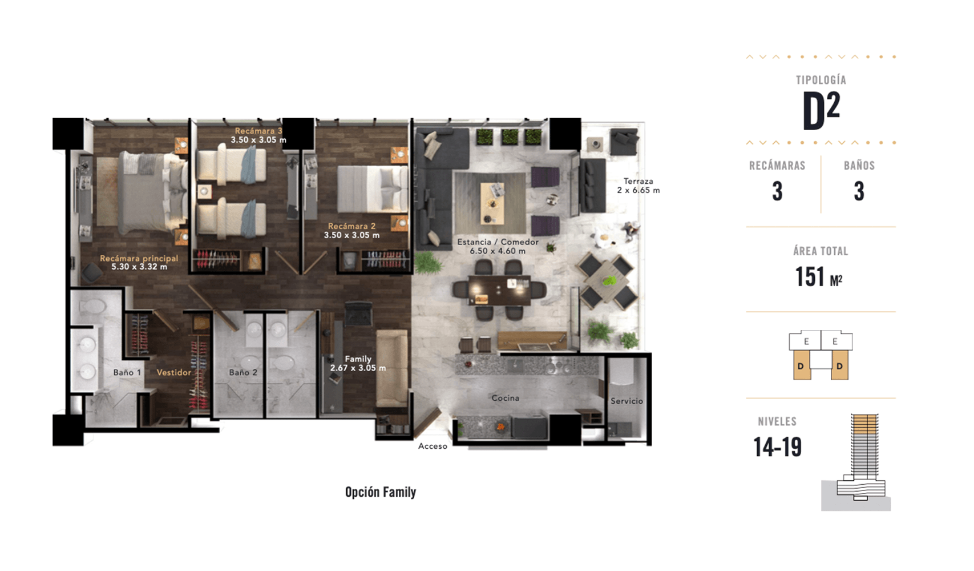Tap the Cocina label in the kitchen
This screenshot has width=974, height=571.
(505, 398)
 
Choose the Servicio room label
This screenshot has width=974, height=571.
(627, 401)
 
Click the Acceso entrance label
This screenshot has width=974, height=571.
(433, 446)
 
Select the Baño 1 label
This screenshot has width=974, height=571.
(127, 372)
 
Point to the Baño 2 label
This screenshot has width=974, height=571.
(243, 372)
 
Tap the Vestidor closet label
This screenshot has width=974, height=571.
(174, 372)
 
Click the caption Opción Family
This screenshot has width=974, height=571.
(381, 492)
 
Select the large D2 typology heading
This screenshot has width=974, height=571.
(821, 110)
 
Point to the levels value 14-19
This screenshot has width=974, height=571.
(777, 447)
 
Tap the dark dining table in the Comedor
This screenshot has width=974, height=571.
(499, 290)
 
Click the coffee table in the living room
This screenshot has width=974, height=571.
(492, 203)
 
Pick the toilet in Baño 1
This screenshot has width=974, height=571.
(92, 307)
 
